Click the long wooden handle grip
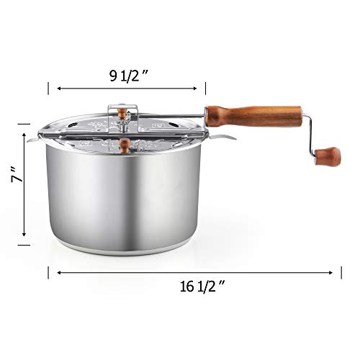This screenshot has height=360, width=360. [253, 115]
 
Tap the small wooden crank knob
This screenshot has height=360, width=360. [328, 156]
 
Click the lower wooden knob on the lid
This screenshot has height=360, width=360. [125, 145]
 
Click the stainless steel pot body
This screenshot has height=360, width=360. [122, 194]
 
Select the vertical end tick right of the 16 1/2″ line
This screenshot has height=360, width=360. [341, 273]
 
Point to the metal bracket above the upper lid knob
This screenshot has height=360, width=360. [125, 107]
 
